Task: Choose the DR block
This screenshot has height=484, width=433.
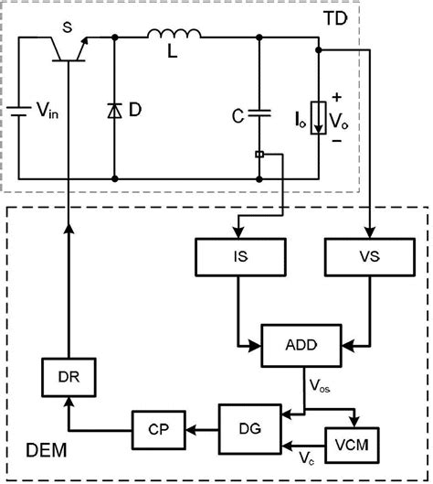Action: click(x=70, y=377)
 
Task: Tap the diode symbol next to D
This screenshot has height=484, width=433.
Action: click(x=114, y=110)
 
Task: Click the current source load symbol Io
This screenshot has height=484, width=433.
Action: click(x=318, y=117)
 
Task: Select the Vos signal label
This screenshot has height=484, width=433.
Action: click(x=318, y=389)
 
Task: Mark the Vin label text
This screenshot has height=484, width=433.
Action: click(x=48, y=112)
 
